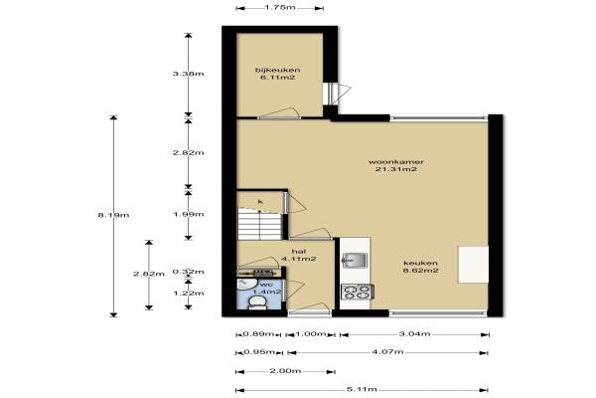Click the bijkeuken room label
pyautogui.click(x=278, y=70)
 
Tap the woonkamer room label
pyautogui.click(x=395, y=162)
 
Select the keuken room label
pyautogui.click(x=420, y=263)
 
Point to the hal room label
pyautogui.click(x=299, y=252)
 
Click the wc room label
pyautogui.click(x=266, y=285)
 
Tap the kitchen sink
pyautogui.click(x=355, y=261)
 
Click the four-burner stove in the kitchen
pyautogui.click(x=357, y=293)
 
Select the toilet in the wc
pyautogui.click(x=257, y=303)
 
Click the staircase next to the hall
pyautogui.click(x=259, y=223)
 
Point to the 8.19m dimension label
pyautogui.click(x=113, y=215)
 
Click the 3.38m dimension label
pyautogui.click(x=188, y=74)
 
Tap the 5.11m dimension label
pyautogui.click(x=362, y=389)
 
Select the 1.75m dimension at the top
pyautogui.click(x=280, y=7)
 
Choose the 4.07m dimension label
pyautogui.click(x=387, y=352)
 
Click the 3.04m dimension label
pyautogui.click(x=414, y=334)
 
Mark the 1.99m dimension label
pyautogui.click(x=188, y=214)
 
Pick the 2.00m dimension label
pyautogui.click(x=285, y=370)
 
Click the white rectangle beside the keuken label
pyautogui.click(x=473, y=265)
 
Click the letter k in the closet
pyautogui.click(x=260, y=201)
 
